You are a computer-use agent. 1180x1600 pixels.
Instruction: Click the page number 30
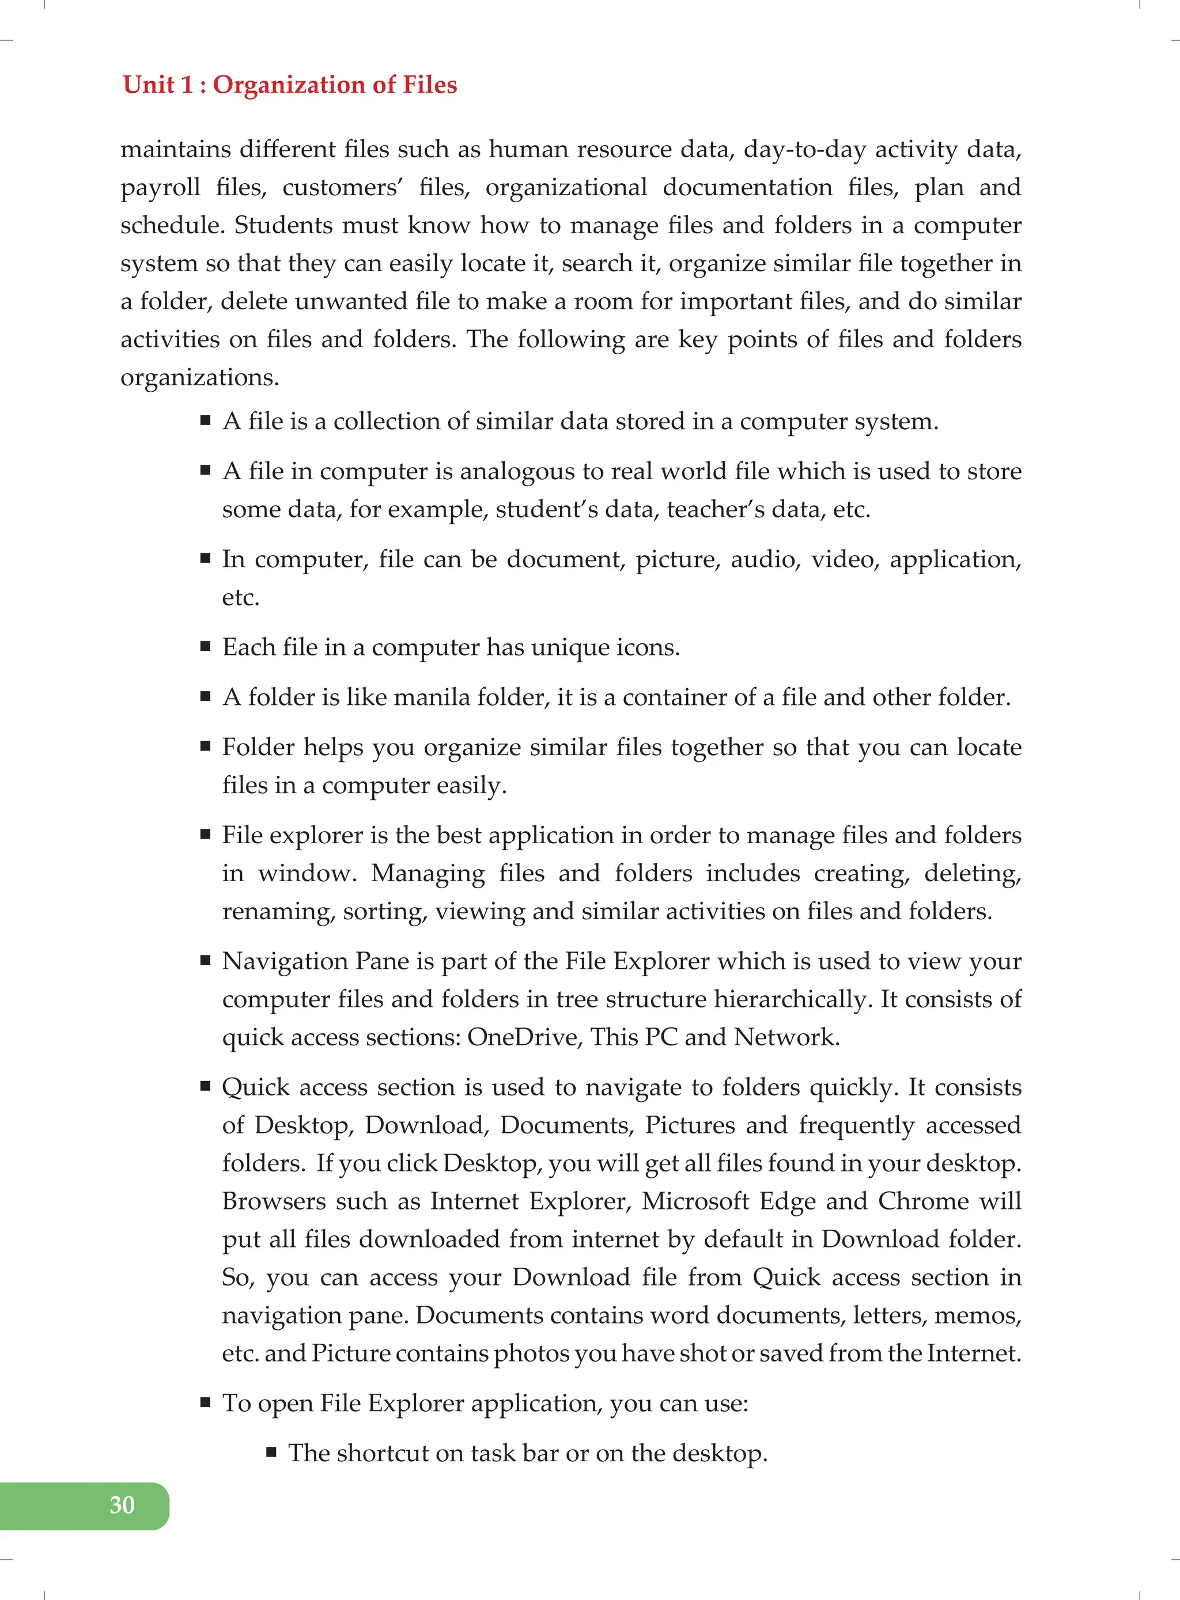pyautogui.click(x=122, y=1505)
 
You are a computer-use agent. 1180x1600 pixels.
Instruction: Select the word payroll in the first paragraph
pyautogui.click(x=160, y=188)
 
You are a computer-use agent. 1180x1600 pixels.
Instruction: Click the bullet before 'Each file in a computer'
pyautogui.click(x=206, y=647)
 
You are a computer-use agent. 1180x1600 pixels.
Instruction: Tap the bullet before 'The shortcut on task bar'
pyautogui.click(x=271, y=1452)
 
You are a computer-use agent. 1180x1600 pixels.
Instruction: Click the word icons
pyautogui.click(x=646, y=647)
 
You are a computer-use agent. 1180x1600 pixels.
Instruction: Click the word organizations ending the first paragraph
pyautogui.click(x=199, y=378)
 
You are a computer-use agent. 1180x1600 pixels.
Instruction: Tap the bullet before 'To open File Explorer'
pyautogui.click(x=206, y=1403)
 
